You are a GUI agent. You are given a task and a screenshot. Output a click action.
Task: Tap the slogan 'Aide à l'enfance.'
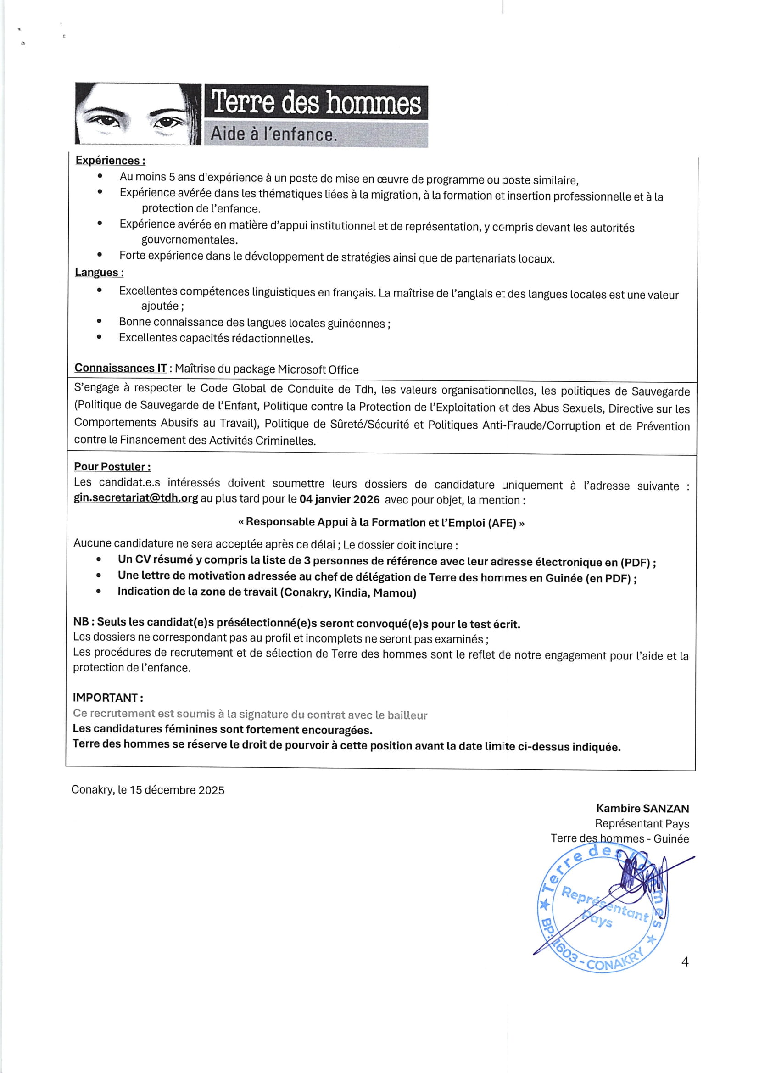point(273,134)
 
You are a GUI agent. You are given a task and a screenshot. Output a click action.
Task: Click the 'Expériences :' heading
point(110,160)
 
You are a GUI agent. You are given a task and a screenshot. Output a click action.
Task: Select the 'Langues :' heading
point(99,272)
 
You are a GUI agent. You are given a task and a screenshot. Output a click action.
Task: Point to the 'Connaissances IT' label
point(121,368)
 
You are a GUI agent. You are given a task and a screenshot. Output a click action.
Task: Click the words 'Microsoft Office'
point(318,369)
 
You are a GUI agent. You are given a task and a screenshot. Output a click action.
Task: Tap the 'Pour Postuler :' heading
point(112,466)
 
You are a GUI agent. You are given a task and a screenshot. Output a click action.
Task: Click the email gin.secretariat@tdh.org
point(136,498)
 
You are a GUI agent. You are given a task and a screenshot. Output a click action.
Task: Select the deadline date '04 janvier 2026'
point(339,499)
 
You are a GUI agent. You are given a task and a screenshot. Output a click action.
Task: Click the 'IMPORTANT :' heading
point(108,698)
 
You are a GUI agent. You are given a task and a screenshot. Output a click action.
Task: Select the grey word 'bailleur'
point(407,715)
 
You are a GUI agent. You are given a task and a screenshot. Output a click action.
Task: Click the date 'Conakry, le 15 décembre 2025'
point(148,790)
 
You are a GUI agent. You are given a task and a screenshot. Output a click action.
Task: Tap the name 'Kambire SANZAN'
point(642,808)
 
